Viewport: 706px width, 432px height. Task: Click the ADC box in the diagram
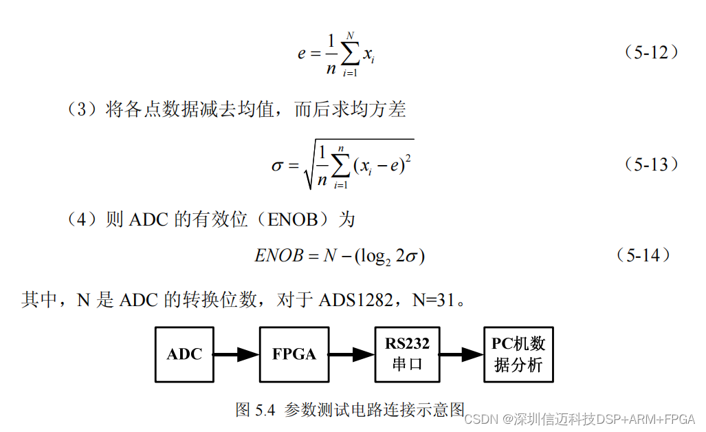click(184, 354)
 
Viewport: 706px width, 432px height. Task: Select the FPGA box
click(294, 354)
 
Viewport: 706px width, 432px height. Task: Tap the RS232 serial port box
click(407, 354)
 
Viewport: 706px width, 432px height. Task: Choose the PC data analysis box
click(518, 354)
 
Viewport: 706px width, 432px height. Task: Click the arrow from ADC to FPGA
click(236, 355)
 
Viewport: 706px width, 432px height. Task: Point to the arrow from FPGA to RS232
click(351, 355)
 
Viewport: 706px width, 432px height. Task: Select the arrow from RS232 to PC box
click(461, 355)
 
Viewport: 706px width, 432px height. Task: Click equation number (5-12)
click(651, 52)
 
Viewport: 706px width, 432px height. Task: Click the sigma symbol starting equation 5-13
click(278, 166)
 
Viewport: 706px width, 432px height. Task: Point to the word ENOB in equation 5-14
click(278, 257)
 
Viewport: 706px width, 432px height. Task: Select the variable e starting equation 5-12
click(302, 53)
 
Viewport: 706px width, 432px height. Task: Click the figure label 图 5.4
click(255, 410)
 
